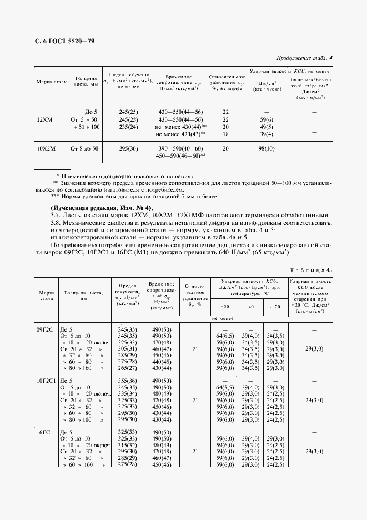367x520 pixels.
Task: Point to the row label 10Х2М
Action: (x=46, y=148)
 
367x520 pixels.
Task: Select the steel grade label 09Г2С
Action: (x=45, y=329)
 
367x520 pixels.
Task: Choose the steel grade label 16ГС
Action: (x=43, y=432)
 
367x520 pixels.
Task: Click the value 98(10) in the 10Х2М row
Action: (x=267, y=148)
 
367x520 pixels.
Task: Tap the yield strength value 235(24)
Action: (x=128, y=127)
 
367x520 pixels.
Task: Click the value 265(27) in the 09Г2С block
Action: (x=128, y=367)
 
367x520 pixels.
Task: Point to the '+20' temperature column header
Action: (x=224, y=307)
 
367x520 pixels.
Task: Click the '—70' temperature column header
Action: (x=274, y=307)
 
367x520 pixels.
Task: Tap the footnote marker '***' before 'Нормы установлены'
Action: (x=54, y=196)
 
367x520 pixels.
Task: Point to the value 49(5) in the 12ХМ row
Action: (x=267, y=127)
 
